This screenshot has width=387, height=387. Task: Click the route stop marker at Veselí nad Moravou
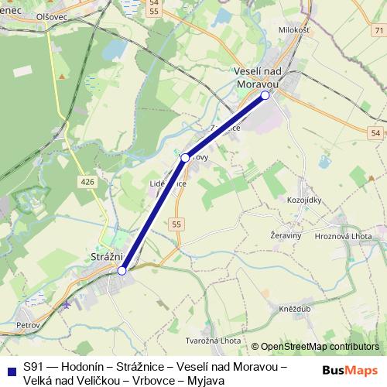[x=265, y=95]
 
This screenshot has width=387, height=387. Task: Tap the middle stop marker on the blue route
[x=185, y=158]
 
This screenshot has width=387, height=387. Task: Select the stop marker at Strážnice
[x=122, y=270]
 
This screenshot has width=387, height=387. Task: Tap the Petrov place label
[x=28, y=326]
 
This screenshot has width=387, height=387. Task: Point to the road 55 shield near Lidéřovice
[x=179, y=224]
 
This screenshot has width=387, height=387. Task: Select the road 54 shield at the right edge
[x=375, y=133]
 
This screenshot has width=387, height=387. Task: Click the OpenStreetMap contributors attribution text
[x=320, y=347]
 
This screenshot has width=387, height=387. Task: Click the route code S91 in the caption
[x=33, y=367]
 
